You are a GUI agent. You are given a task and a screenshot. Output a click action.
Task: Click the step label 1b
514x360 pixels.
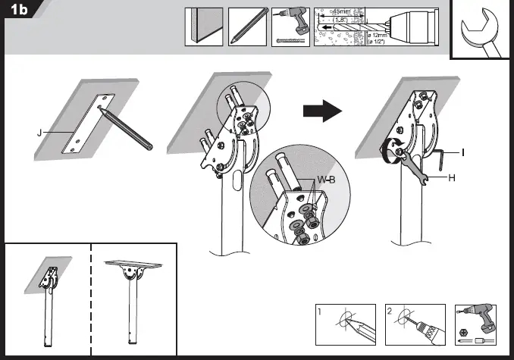click(x=18, y=11)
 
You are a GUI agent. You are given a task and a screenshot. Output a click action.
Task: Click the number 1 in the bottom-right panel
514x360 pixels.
click(x=321, y=311)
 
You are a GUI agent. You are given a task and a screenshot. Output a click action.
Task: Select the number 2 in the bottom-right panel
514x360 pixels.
click(x=390, y=311)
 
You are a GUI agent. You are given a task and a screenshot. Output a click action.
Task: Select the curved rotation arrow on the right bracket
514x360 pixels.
click(x=393, y=150)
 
